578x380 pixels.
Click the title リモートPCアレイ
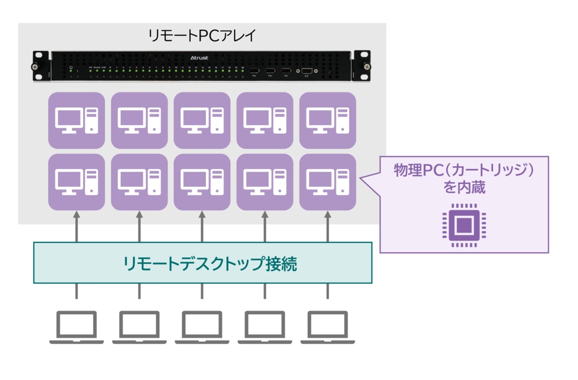coord(202,36)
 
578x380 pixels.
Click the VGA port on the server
coord(306,71)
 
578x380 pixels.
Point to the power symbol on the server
coord(71,67)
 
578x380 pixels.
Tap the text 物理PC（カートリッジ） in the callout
coord(463,170)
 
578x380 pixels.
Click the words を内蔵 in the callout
coord(464,188)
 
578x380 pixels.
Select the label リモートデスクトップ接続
coord(202,263)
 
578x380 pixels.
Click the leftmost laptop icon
coord(77,328)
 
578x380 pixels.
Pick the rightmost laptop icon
coord(327,328)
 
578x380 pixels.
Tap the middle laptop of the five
coord(202,328)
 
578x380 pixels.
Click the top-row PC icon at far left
coord(77,120)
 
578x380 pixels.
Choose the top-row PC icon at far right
coord(327,120)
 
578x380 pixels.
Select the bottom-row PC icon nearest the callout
coord(327,182)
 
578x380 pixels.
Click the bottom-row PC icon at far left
coord(77,182)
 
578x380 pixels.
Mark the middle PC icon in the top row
coord(202,120)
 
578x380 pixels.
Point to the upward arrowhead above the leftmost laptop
coord(77,215)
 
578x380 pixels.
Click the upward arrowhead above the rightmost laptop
coord(327,215)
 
